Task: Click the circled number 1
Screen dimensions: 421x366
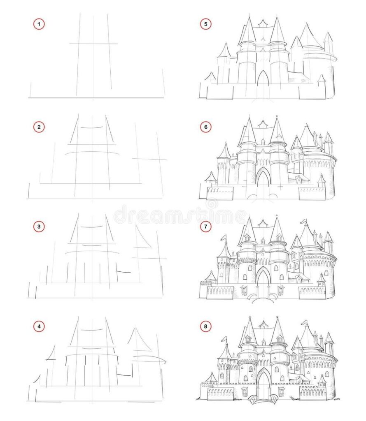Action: click(39, 25)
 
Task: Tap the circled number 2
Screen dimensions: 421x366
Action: click(39, 127)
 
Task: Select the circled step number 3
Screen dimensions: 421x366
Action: click(39, 227)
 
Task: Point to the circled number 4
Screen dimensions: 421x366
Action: click(39, 328)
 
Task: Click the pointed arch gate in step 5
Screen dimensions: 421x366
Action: click(263, 79)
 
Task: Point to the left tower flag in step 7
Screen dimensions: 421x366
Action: click(224, 237)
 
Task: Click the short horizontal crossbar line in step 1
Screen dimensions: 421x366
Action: click(93, 43)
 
